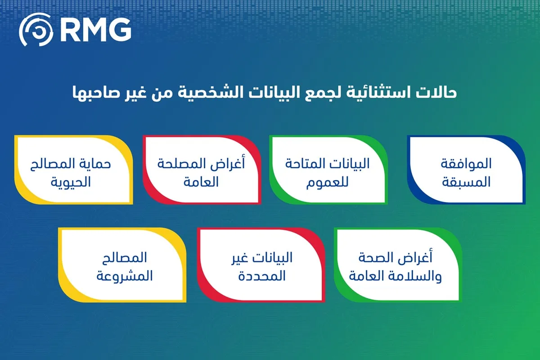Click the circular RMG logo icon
(x=36, y=30)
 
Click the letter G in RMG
(x=120, y=29)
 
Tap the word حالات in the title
(x=436, y=93)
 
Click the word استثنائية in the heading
(x=376, y=93)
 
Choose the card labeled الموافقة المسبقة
(x=466, y=170)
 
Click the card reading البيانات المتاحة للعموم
(x=328, y=170)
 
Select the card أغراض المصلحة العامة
(x=202, y=170)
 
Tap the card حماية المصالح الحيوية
(x=73, y=170)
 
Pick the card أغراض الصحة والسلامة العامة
(x=398, y=265)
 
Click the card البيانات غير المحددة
(x=261, y=265)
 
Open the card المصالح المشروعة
(x=122, y=265)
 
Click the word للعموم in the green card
(x=328, y=182)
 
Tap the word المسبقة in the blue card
(x=466, y=182)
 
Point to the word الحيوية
(x=71, y=183)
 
